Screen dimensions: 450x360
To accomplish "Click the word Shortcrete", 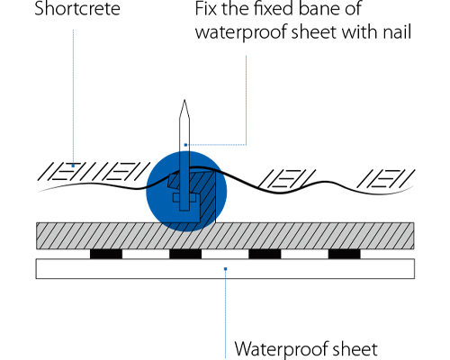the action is [77, 8].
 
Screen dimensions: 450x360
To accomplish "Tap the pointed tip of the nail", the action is [184, 100].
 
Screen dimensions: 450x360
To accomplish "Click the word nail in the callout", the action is [397, 31].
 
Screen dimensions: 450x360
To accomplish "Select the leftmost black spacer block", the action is [106, 254].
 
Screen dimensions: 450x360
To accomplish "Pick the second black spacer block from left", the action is [185, 254].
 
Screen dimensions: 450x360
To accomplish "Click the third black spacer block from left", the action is [265, 254].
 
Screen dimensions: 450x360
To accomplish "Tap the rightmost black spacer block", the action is [345, 254].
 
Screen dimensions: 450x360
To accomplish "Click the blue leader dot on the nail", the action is [185, 145].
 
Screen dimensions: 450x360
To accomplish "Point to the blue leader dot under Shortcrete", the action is [73, 166].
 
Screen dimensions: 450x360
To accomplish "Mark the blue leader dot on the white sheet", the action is [226, 269].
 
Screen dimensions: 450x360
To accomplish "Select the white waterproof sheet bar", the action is [225, 269].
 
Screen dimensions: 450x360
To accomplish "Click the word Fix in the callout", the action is [207, 8].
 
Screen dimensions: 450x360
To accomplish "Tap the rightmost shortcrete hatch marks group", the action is [385, 178].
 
